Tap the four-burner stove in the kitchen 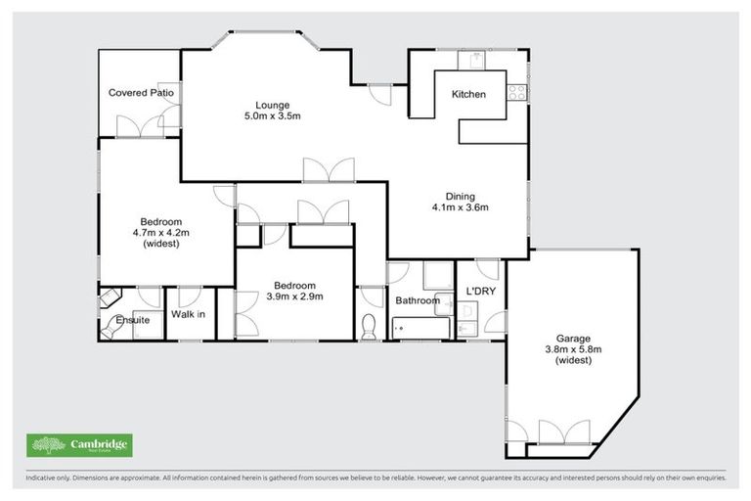click(517, 93)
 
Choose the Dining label click(460, 195)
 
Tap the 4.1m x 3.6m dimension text click(460, 206)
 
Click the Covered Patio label click(141, 93)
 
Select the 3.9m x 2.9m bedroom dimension click(295, 296)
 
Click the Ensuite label click(133, 320)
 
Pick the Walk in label click(188, 315)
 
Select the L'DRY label click(481, 292)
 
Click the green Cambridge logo click(78, 445)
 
